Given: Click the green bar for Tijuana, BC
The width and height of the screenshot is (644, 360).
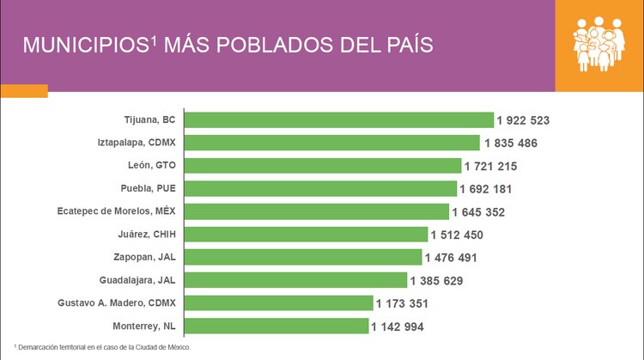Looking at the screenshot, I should [x=339, y=119].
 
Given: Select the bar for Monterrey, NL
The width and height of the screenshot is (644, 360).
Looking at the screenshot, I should [x=276, y=326].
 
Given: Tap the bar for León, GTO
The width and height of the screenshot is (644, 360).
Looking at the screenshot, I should [x=323, y=165].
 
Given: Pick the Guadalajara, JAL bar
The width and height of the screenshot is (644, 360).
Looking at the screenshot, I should [x=295, y=280].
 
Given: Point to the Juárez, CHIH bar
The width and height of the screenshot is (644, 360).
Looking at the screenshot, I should [x=306, y=234].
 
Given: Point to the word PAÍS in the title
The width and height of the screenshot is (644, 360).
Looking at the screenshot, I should [x=404, y=46].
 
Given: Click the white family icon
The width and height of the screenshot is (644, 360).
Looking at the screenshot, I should [x=599, y=45].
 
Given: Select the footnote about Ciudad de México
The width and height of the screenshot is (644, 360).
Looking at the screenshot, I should [x=102, y=347].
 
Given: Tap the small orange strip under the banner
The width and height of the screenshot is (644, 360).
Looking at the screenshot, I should [x=24, y=90].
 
